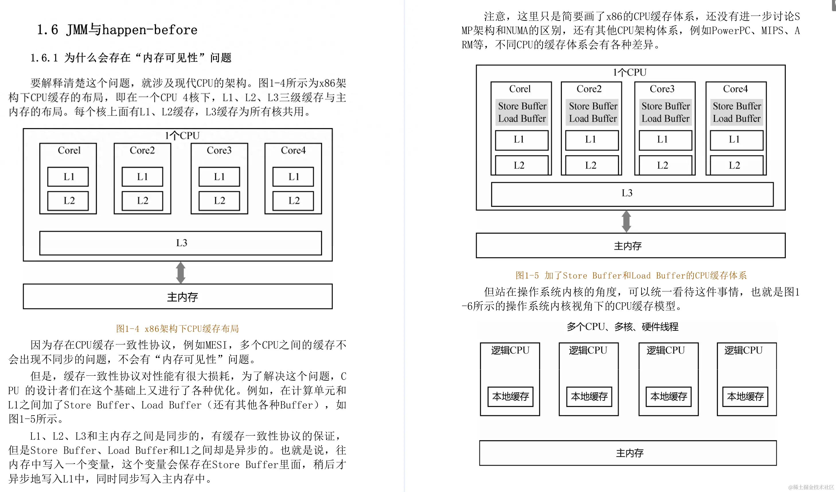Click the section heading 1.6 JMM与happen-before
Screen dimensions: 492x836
click(x=117, y=30)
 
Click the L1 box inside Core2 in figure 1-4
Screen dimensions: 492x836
click(x=142, y=177)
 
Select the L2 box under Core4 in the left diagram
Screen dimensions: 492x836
click(x=293, y=201)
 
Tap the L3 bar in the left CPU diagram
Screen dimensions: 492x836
click(x=180, y=243)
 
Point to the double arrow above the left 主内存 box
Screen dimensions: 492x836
click(x=180, y=273)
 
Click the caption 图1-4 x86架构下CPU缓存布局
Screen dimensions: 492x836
click(x=178, y=329)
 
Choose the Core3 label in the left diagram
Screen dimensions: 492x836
click(x=219, y=150)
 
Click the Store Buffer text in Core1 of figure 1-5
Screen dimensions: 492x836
click(x=522, y=106)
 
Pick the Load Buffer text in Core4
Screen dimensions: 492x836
click(x=736, y=119)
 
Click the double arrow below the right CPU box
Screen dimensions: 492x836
click(x=626, y=222)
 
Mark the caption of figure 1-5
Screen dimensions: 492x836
click(x=631, y=275)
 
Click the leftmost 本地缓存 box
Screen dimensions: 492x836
click(x=510, y=397)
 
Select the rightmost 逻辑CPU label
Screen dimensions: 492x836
click(x=743, y=350)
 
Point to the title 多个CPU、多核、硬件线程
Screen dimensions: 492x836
click(x=622, y=327)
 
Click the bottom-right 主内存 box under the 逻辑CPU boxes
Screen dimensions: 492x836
click(x=628, y=453)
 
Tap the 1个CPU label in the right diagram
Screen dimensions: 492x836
click(x=629, y=72)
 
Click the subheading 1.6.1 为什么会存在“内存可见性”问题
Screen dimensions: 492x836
click(x=131, y=58)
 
